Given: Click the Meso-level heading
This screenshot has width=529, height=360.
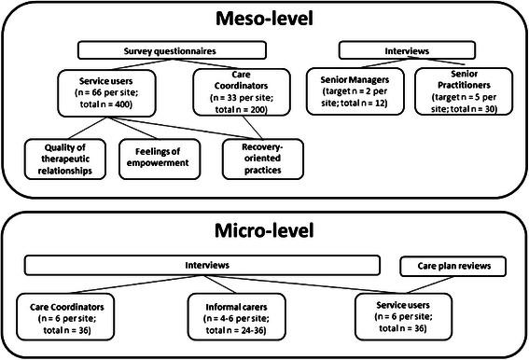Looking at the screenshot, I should click(x=264, y=19).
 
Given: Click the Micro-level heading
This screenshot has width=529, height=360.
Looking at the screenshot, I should click(x=264, y=230).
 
